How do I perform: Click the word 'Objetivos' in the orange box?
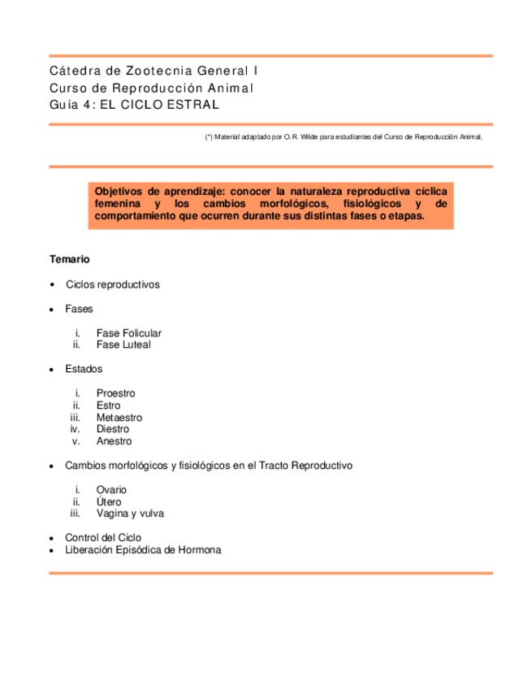[x=121, y=188]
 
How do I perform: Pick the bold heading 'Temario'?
[x=69, y=259]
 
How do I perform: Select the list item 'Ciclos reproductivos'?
[x=113, y=284]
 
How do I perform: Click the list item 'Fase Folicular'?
[x=128, y=333]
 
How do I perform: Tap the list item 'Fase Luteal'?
[x=123, y=344]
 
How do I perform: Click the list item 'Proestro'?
[x=115, y=393]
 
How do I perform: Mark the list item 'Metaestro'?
[x=119, y=417]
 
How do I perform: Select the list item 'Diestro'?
[x=112, y=429]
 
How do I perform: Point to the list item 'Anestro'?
[x=114, y=441]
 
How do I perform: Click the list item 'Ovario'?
[x=111, y=490]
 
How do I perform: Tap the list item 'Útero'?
[x=109, y=502]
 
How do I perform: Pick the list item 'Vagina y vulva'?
[x=130, y=513]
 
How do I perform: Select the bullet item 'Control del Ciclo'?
[x=103, y=538]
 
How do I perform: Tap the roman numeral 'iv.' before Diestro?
[x=76, y=429]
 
